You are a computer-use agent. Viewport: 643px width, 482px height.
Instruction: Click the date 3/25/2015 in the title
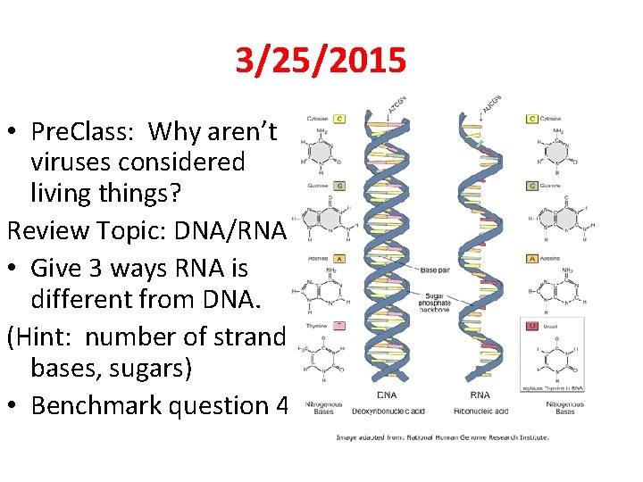(x=321, y=61)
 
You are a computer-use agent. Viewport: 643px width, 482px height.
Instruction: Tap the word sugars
(x=165, y=367)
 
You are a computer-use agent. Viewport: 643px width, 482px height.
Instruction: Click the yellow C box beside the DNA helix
(x=339, y=118)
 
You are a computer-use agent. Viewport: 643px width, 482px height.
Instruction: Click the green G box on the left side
(x=339, y=186)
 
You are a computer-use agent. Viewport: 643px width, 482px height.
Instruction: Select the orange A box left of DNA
(x=339, y=258)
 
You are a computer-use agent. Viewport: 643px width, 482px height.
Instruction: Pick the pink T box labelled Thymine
(x=339, y=326)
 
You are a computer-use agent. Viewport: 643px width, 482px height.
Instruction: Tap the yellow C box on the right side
(x=532, y=118)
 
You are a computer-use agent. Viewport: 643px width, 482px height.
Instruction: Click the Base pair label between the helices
(x=437, y=269)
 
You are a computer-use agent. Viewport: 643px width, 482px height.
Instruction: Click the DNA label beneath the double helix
(x=388, y=395)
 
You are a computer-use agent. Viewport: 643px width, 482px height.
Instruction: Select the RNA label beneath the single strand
(x=480, y=395)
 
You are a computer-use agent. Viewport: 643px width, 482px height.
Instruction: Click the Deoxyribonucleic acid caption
(x=388, y=411)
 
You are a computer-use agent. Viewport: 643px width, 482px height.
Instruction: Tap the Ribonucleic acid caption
(x=480, y=411)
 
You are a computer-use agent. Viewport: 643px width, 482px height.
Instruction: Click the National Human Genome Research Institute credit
(x=442, y=437)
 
